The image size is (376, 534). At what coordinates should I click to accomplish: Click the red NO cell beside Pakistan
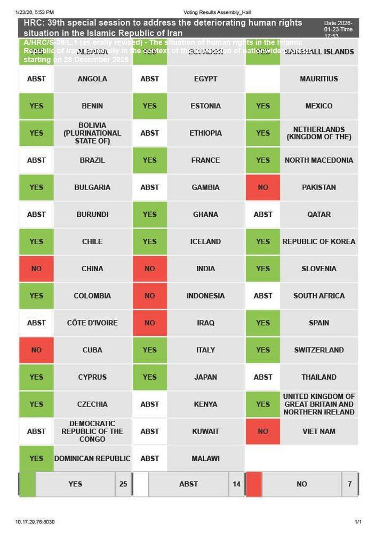coord(262,187)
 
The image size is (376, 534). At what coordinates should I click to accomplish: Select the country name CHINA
coord(92,269)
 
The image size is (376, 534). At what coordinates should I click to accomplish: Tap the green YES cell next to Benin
coord(36,106)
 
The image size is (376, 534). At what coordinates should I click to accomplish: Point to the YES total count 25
coord(123,484)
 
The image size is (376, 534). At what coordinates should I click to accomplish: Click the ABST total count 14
coord(236,484)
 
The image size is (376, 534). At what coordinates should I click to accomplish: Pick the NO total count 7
coord(349,484)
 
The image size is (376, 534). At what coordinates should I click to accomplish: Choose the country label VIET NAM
coord(319,431)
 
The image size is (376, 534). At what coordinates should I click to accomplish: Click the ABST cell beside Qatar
coord(262,215)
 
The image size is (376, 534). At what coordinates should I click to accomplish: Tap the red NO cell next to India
coord(149,269)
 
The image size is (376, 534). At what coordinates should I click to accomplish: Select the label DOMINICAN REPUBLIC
coord(92,459)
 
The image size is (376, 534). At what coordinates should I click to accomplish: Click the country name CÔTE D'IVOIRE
coord(92,323)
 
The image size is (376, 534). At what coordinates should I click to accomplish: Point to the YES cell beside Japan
coord(149,377)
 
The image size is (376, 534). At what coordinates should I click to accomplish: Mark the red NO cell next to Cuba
coord(36,350)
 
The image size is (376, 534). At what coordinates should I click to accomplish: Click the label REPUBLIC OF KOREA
coord(319,241)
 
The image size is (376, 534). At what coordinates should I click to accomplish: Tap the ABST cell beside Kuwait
coord(149,431)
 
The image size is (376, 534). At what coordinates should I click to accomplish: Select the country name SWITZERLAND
coord(319,350)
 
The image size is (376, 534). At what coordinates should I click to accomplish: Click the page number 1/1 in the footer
coord(358,522)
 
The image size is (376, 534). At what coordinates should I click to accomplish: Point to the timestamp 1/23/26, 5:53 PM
coord(35,12)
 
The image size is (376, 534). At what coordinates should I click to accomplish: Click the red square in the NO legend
coord(254,484)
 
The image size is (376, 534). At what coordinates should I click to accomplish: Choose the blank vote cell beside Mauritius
coord(262,79)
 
